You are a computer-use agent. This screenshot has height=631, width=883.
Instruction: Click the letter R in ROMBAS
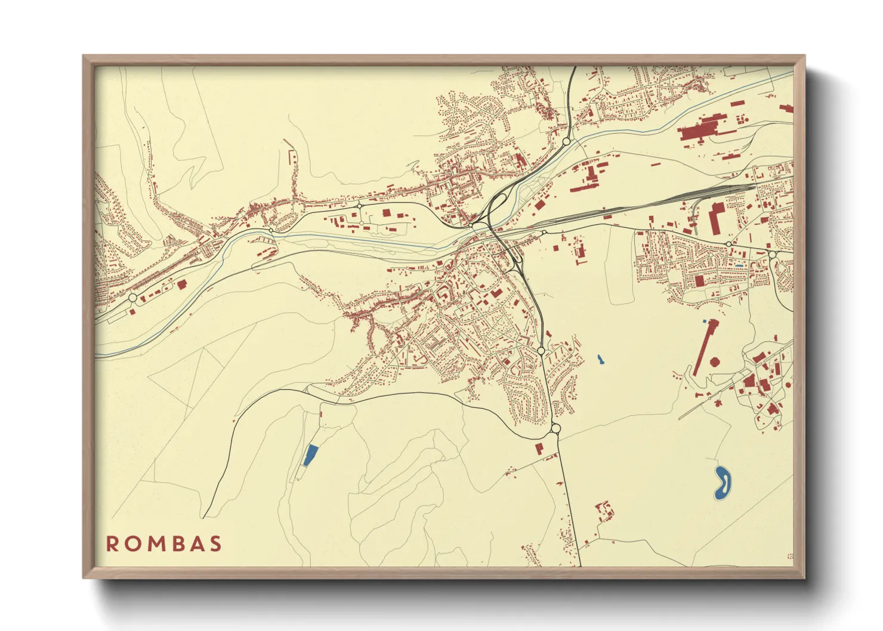[112, 544]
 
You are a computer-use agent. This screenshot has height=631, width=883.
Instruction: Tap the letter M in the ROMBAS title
[153, 544]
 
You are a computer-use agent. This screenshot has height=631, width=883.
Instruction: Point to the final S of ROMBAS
[215, 544]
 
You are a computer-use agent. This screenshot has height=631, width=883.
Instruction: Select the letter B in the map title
[174, 544]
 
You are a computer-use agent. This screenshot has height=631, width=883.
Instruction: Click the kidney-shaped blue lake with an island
[723, 482]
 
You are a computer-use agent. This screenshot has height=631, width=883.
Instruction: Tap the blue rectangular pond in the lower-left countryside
[309, 455]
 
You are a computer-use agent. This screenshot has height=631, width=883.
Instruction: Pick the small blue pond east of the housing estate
[600, 360]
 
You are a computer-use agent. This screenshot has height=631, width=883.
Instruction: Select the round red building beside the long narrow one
[714, 362]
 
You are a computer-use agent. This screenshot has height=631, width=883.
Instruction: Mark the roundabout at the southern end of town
[555, 428]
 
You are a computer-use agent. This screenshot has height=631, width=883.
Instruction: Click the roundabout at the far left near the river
[132, 298]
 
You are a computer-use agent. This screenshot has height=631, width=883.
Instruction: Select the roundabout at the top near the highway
[566, 141]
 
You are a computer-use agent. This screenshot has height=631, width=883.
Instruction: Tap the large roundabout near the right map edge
[773, 255]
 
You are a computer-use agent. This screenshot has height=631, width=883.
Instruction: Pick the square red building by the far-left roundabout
[181, 284]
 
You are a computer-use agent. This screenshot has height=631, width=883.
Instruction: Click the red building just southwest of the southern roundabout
[539, 448]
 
